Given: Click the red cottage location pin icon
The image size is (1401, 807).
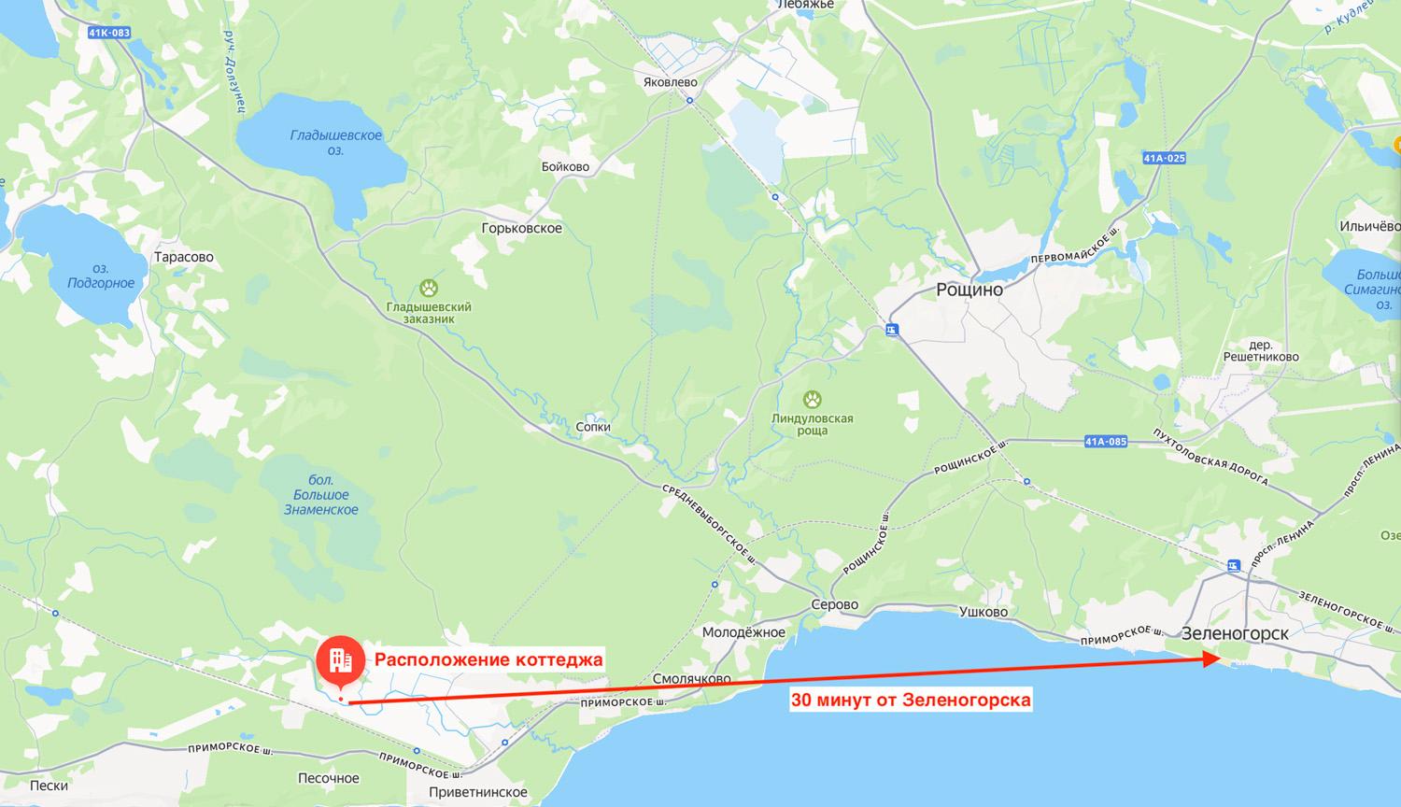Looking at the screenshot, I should click(340, 661).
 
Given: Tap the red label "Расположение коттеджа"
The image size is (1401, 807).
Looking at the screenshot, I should click(488, 659).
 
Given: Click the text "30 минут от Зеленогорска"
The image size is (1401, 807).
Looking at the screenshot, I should click(911, 699).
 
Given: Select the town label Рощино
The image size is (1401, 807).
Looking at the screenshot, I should click(969, 290).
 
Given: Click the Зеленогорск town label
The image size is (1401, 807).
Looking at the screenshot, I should click(1235, 632).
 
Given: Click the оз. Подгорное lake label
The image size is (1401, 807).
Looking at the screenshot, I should click(101, 276).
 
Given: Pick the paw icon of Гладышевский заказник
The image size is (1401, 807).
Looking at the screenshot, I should click(429, 288).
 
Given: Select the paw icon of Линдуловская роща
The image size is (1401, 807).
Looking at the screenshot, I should click(812, 400).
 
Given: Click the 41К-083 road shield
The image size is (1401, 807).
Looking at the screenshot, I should click(109, 33).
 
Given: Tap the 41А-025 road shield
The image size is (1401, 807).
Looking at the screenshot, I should click(1164, 158).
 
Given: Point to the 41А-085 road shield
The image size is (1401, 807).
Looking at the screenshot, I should click(1106, 441).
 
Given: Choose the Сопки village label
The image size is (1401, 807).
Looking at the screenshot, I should click(593, 427).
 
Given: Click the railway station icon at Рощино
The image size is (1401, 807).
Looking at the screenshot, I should click(893, 329).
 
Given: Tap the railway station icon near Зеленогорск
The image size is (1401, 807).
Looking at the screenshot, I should click(1233, 565).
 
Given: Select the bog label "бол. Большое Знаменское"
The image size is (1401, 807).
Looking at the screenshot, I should click(320, 495).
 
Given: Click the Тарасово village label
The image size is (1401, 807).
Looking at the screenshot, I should click(184, 257).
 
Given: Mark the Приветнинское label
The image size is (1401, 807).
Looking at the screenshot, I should click(477, 792).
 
